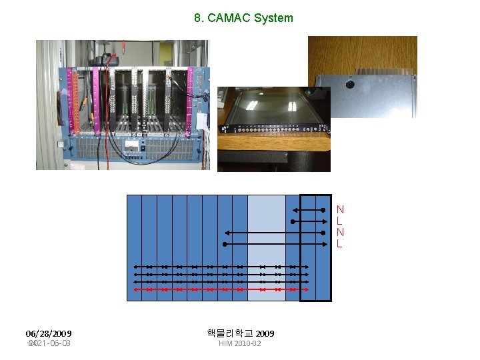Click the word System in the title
(x=273, y=18)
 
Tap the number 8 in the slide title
(x=198, y=18)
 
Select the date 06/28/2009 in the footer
(x=49, y=333)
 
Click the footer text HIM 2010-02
(x=240, y=343)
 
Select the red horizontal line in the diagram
(x=220, y=290)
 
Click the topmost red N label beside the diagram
(x=340, y=209)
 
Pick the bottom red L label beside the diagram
(x=340, y=244)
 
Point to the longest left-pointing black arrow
(x=273, y=233)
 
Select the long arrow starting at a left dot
(x=273, y=245)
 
